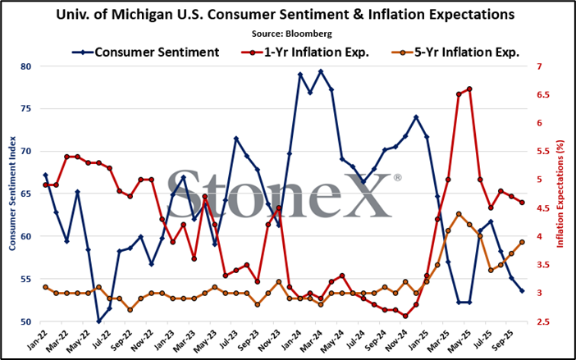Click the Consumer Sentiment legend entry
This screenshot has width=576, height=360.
pos(146,52)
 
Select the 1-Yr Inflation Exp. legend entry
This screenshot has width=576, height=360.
pos(305,52)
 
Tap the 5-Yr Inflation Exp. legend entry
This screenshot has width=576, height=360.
pos(455,52)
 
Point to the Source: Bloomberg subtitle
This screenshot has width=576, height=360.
pos(291,34)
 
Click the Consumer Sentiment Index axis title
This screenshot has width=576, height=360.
pos(12,194)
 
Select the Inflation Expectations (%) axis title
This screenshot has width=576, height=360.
pos(560,194)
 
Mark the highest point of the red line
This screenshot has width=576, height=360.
pos(469,89)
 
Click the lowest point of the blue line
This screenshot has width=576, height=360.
pos(98,321)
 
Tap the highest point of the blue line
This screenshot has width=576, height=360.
pos(321,71)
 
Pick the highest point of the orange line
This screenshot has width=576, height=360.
pos(459,214)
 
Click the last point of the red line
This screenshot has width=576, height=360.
pos(522,203)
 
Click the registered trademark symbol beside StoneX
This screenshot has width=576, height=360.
pos(397,178)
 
